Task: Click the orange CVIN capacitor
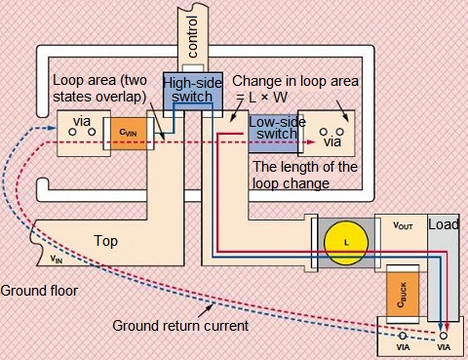pos(129,134)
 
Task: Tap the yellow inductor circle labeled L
pos(346,243)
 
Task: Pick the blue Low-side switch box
pos(274,134)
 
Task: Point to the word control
pos(193,36)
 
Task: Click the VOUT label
pos(403,225)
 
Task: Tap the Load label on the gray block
pos(444,224)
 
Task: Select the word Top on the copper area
pos(106,241)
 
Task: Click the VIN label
pos(57,260)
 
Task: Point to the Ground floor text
pos(39,291)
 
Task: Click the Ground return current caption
pos(180,326)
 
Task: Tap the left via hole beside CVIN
pos(72,132)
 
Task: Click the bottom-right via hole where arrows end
pos(444,336)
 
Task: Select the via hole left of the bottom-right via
pos(403,336)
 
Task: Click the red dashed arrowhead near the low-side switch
pos(311,142)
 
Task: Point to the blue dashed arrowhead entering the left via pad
pos(53,128)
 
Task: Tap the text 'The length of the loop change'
pos(305,176)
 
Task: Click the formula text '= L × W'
pos(262,98)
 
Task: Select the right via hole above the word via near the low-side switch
pos(340,132)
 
